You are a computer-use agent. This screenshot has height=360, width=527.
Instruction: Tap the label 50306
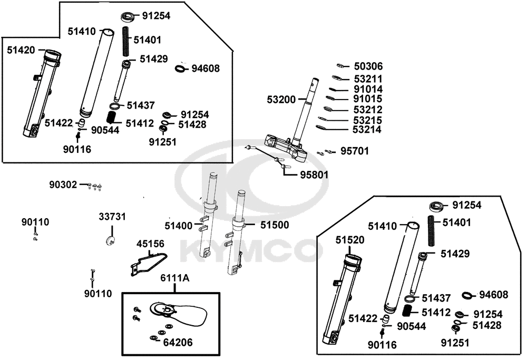[368, 66]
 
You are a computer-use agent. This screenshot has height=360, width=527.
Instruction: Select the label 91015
[368, 99]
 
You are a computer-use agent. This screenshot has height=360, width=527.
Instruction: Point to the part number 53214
[368, 129]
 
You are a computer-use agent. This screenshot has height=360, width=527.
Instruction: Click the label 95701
[355, 151]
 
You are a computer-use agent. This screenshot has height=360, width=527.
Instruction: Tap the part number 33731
[112, 217]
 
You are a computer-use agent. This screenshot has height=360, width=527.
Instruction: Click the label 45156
[150, 244]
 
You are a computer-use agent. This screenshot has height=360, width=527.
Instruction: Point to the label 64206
[178, 343]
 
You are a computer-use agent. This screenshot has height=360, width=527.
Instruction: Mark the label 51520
[350, 240]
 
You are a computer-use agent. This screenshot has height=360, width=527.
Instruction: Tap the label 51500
[274, 225]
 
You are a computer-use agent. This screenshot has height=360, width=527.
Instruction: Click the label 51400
[179, 226]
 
